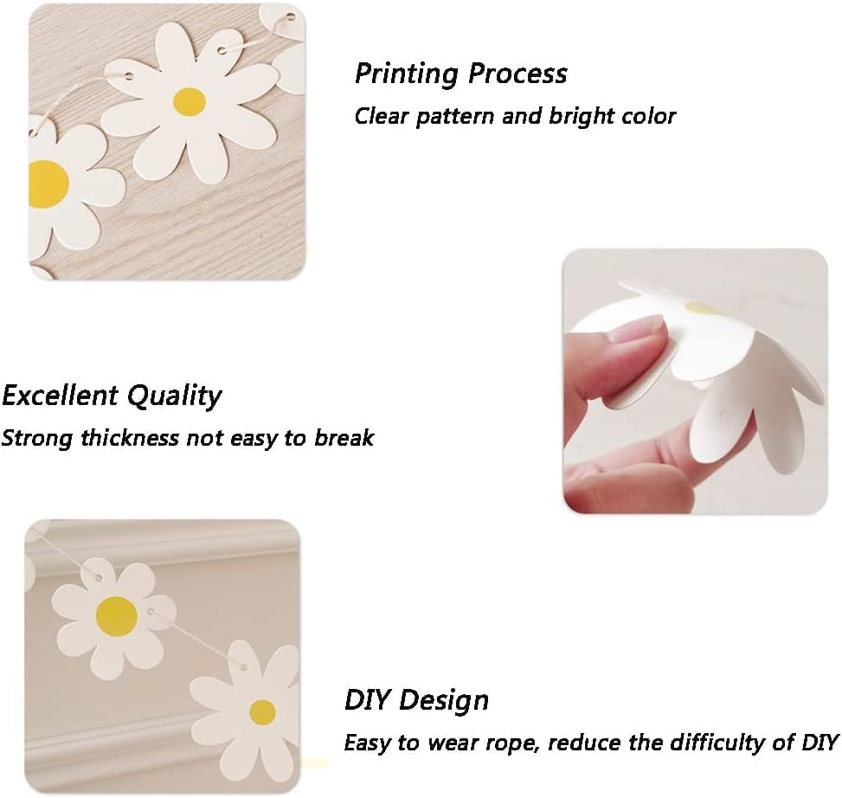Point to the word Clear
(382, 116)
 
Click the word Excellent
(61, 396)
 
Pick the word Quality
(175, 397)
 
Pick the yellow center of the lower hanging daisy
(262, 712)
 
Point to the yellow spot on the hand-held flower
(699, 307)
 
